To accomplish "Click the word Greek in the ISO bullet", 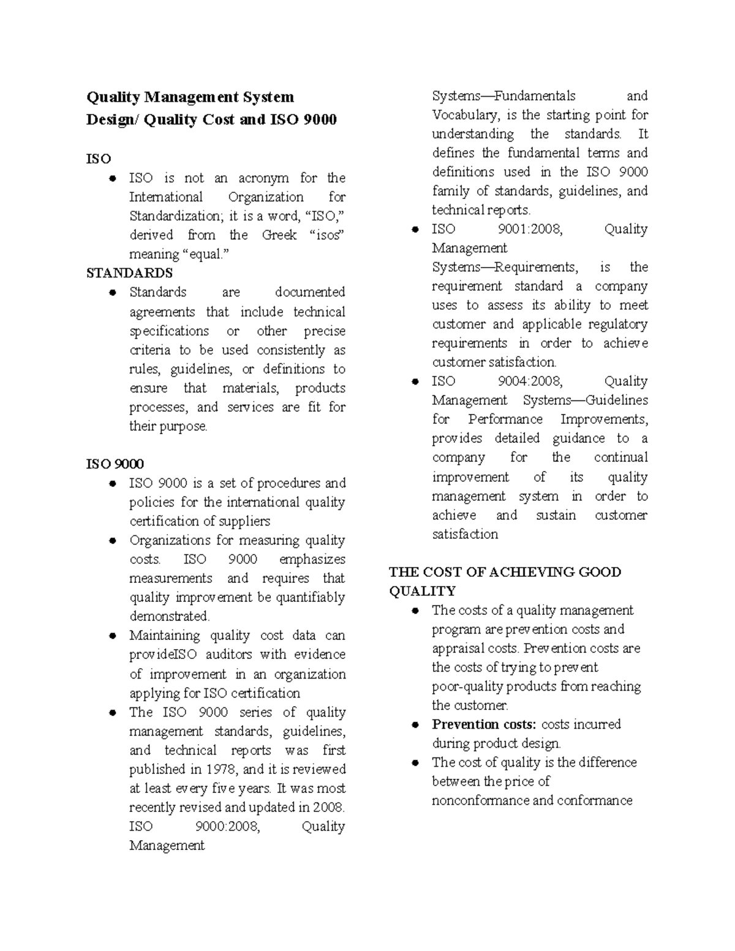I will tap(279, 235).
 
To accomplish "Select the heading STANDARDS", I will tap(129, 273).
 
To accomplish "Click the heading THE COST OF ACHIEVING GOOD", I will tap(505, 572).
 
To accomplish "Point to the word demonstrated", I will tap(169, 616).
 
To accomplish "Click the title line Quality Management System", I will tap(190, 97).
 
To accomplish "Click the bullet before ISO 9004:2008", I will tap(415, 382).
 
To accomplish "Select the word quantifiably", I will tap(310, 597).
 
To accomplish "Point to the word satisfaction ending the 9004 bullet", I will tap(465, 534).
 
